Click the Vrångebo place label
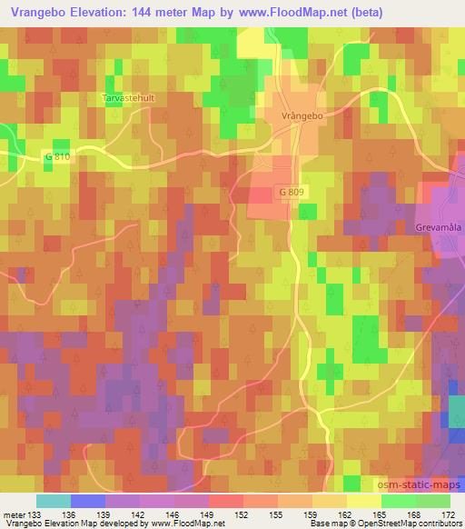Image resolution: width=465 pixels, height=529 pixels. coord(302,116)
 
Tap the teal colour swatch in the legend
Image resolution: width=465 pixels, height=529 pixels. coord(53,499)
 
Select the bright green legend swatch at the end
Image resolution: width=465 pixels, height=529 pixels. coord(433,499)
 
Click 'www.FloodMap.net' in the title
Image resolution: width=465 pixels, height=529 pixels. coord(280,13)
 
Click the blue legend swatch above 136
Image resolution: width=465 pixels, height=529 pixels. coord(87,499)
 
